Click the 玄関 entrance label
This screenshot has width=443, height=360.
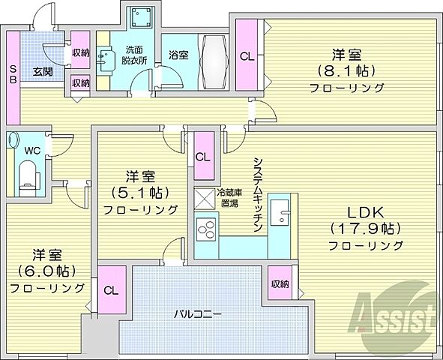(x=41, y=71)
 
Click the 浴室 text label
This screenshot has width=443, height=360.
(x=178, y=55)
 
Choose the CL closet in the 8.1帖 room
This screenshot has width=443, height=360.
(x=247, y=54)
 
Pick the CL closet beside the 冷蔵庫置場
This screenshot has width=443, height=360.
(x=202, y=157)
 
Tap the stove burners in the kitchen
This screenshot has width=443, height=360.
(x=205, y=226)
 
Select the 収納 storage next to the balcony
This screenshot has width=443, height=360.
(x=280, y=283)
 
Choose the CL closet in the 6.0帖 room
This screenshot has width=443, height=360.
(x=110, y=289)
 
